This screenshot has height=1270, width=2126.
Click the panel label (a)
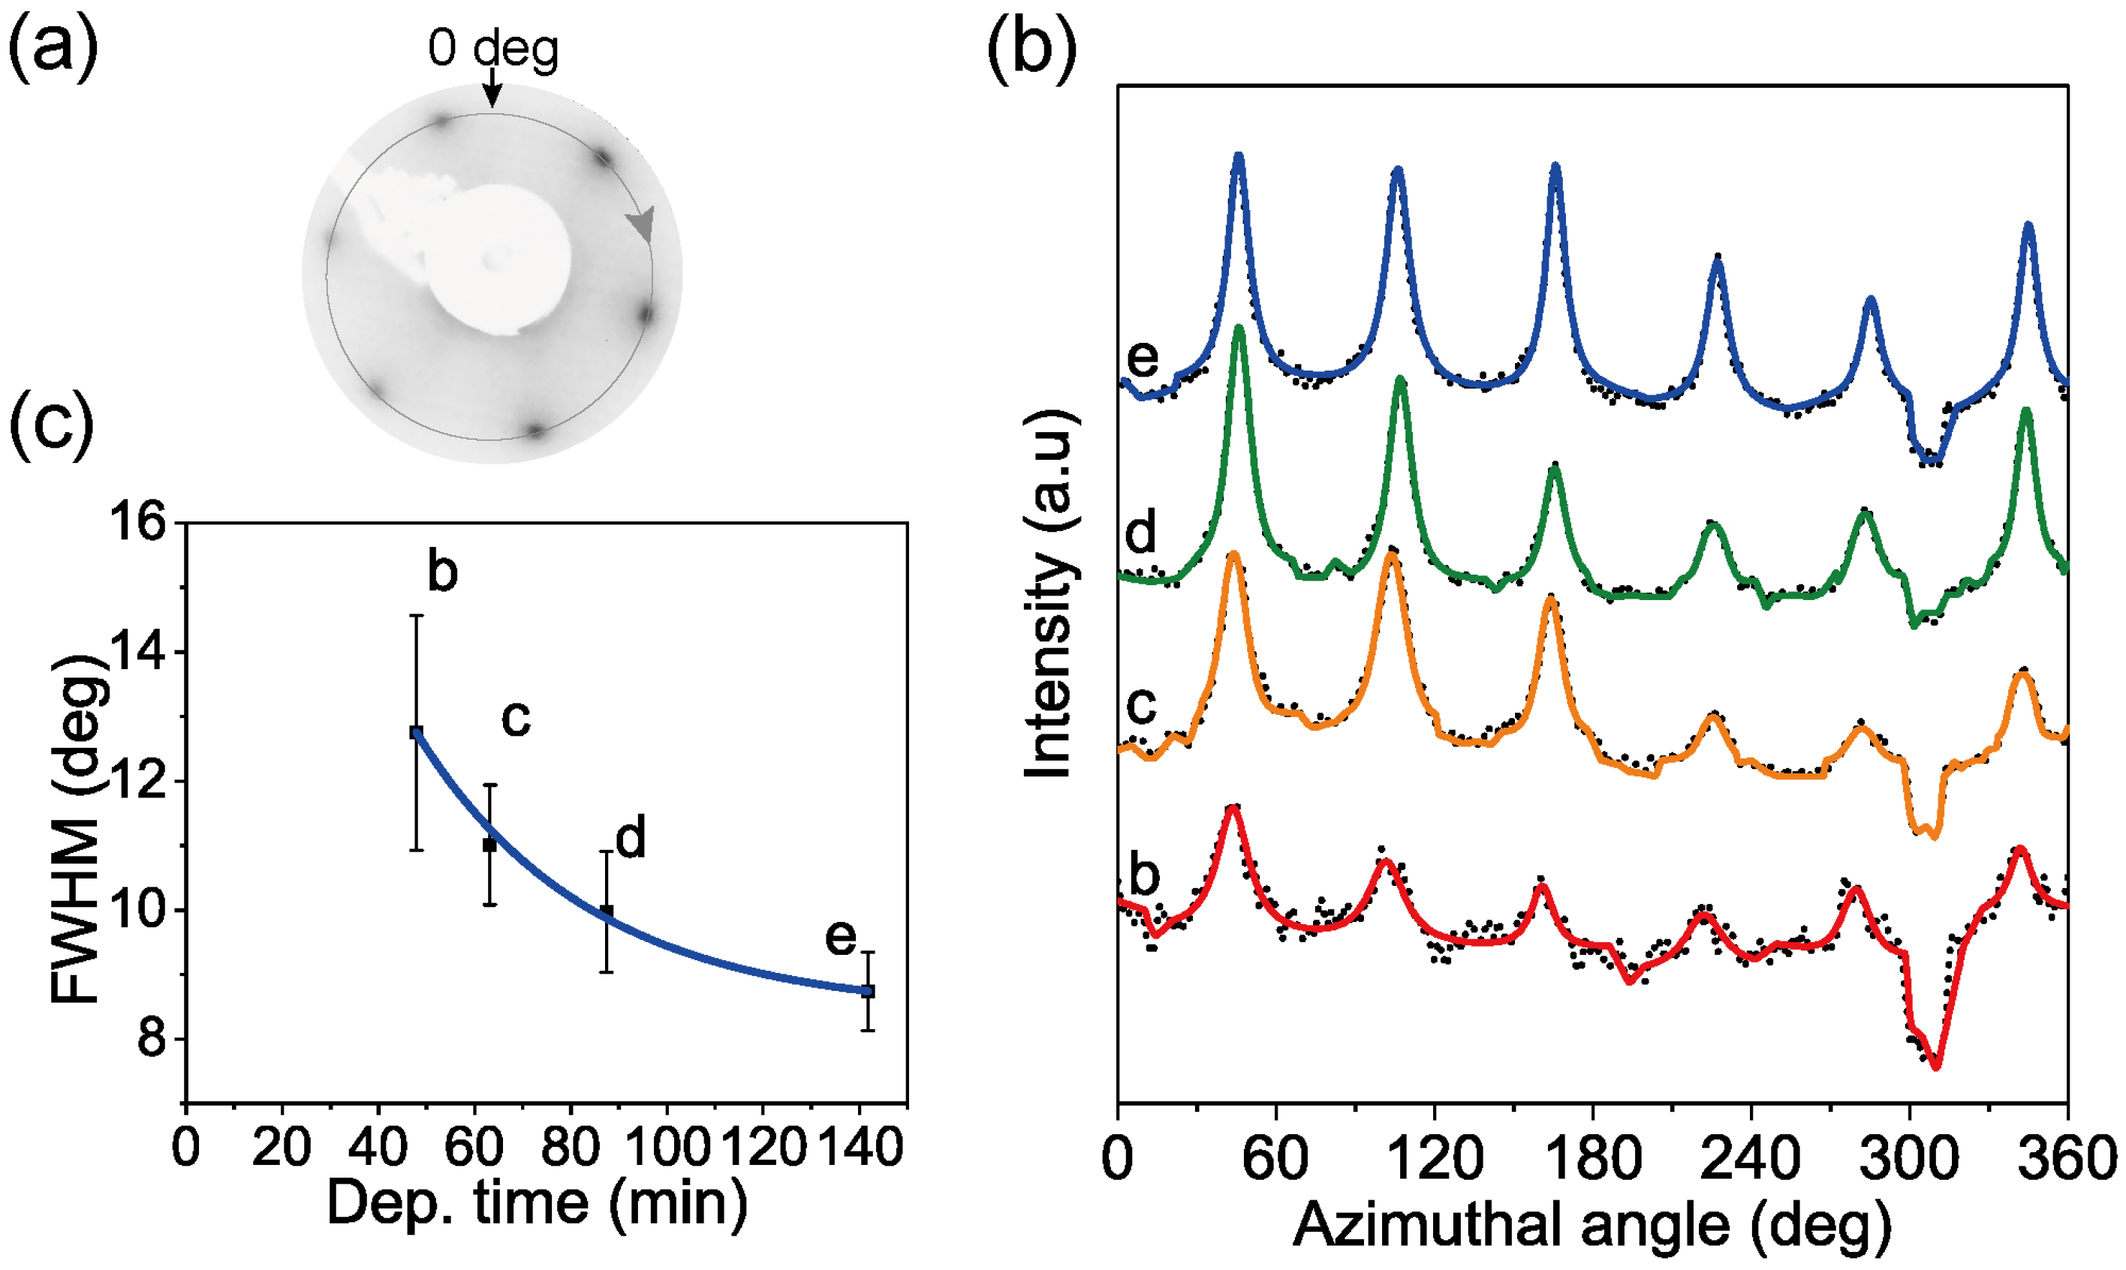pos(53,50)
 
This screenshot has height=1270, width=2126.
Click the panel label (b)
pos(1031,50)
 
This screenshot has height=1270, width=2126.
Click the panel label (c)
pos(51,425)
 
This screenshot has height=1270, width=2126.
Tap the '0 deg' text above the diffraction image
pos(493,49)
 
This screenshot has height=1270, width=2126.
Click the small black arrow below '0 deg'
pos(492,89)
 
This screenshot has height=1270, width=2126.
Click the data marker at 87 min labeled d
pos(607,911)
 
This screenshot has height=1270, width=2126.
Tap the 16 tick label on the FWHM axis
pos(137,522)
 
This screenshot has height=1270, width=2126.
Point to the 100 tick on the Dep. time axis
pos(666,1147)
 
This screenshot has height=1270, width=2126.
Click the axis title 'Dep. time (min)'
pos(538,1202)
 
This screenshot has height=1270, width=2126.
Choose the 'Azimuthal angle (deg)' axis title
pos(1592,1226)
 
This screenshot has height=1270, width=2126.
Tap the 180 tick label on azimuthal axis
pos(1592,1159)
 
